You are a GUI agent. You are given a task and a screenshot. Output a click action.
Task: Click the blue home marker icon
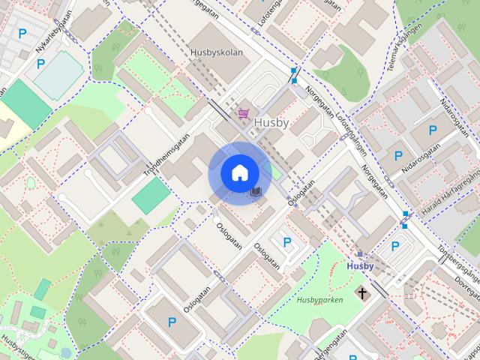[x=239, y=173]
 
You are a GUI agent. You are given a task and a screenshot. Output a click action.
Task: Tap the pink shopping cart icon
[x=244, y=113]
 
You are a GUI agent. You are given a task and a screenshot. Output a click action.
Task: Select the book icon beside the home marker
[x=256, y=193]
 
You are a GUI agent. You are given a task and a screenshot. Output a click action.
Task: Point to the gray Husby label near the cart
[x=272, y=121]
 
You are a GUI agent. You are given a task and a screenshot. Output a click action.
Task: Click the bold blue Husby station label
[x=360, y=266]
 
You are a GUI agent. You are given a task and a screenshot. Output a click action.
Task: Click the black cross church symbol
[x=362, y=292]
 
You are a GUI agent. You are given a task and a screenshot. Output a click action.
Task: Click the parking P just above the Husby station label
[x=394, y=246]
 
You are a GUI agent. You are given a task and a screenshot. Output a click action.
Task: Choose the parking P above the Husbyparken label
[x=286, y=242]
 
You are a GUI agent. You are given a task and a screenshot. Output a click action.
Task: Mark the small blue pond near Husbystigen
[x=66, y=352]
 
